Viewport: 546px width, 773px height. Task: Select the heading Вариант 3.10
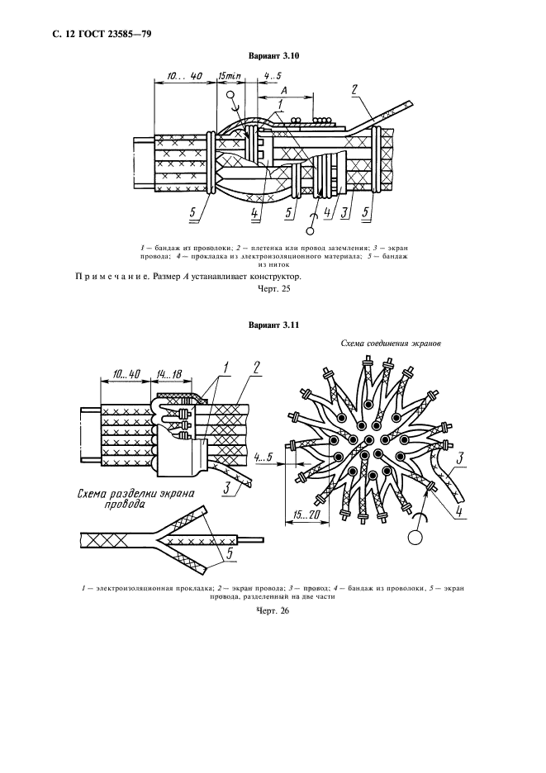[x=273, y=55]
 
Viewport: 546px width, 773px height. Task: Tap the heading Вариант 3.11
[x=273, y=325]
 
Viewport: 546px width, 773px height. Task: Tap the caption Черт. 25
[x=273, y=289]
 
